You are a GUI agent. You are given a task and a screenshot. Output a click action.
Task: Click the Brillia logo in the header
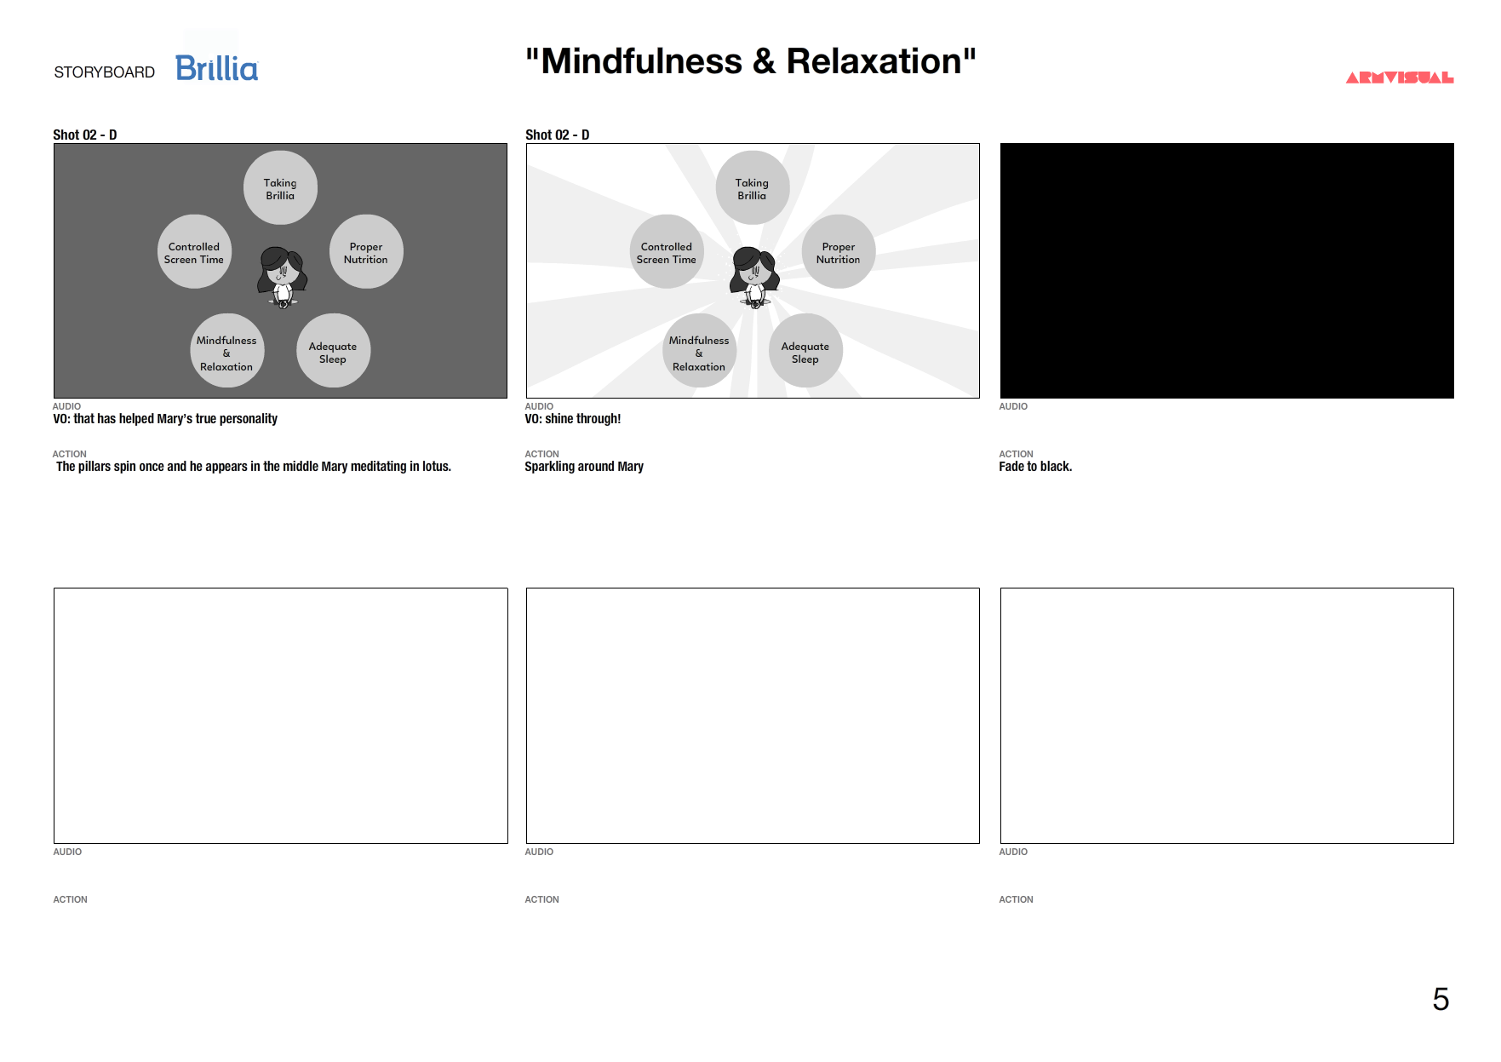216,68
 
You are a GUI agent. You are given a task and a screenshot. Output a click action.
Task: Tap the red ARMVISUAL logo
1399,77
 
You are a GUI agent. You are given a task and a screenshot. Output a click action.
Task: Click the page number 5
1441,999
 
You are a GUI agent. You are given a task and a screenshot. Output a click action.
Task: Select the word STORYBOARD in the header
105,72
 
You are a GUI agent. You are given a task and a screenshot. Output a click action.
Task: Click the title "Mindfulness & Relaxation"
750,61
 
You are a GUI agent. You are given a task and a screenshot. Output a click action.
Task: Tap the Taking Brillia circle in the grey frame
280,188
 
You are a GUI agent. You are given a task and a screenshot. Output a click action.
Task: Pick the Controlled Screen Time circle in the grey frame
194,252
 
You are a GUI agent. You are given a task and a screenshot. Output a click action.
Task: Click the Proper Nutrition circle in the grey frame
366,252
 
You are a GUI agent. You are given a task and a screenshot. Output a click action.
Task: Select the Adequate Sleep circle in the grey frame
333,351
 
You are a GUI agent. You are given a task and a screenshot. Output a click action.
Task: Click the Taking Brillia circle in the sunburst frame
753,188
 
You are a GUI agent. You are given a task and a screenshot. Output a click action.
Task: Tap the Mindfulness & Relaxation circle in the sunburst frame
699,351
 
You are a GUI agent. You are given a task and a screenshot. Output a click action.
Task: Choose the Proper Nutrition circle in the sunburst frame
839,252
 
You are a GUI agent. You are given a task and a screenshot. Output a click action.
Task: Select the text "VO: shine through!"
573,419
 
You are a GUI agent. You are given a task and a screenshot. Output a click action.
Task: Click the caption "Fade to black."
1035,467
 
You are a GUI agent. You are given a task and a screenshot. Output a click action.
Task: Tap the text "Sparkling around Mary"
584,467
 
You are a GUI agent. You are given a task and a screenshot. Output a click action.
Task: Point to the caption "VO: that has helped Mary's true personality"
165,419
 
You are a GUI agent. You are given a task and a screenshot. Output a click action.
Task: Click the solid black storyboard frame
1227,271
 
